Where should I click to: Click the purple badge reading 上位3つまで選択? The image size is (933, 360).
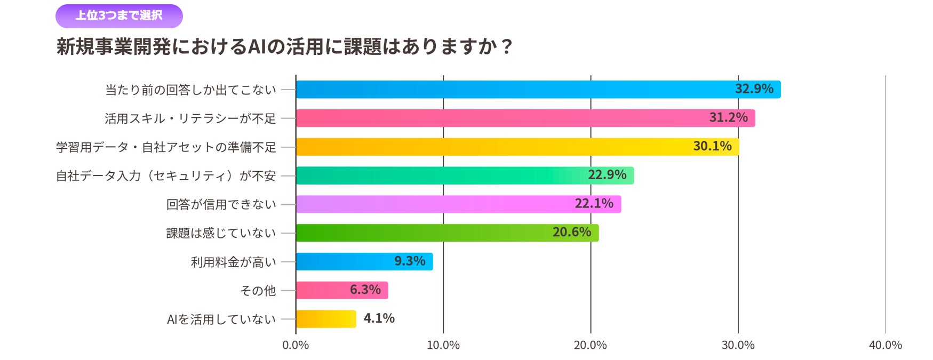[x=119, y=16]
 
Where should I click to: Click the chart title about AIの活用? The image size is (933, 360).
[x=284, y=46]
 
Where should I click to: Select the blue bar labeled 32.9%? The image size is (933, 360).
[x=538, y=90]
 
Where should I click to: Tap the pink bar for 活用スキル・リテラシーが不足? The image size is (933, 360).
[x=525, y=118]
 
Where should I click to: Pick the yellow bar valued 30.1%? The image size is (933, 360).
[x=517, y=147]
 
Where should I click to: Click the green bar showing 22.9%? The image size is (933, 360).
[x=465, y=175]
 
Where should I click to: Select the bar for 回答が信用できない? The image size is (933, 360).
[x=458, y=204]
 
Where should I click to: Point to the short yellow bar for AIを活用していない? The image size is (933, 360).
[x=326, y=319]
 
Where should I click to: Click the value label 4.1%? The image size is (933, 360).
[x=379, y=318]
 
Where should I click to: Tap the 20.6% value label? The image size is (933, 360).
[x=572, y=233]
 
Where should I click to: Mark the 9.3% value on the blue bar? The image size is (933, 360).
[x=410, y=261]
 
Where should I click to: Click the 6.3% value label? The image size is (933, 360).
[x=365, y=290]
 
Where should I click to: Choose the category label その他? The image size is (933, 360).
[x=258, y=291]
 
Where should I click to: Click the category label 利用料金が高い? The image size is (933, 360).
[x=234, y=262]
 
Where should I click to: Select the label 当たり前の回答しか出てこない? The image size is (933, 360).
[x=190, y=90]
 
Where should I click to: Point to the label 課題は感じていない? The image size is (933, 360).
[x=221, y=233]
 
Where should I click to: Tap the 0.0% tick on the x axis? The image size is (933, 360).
[x=296, y=346]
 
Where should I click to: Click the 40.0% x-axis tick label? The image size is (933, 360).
[x=886, y=346]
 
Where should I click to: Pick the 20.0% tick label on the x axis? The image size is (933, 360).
[x=591, y=346]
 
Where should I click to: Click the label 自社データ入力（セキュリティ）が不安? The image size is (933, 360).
[x=166, y=176]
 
